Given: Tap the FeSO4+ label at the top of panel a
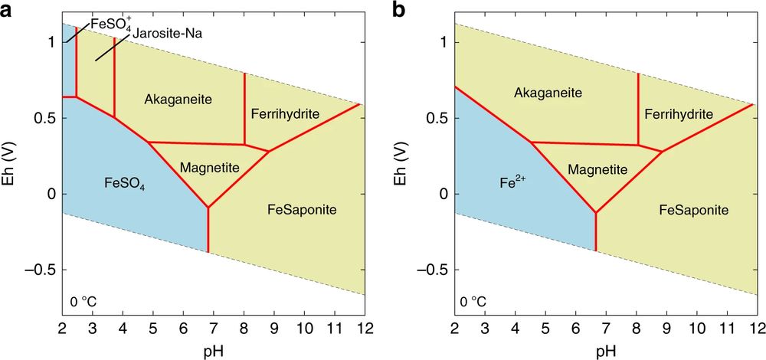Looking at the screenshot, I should tap(110, 24).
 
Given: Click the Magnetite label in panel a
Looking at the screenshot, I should tap(209, 168).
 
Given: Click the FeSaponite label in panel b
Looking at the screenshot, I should tap(692, 209).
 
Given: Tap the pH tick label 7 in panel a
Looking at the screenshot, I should tap(213, 330).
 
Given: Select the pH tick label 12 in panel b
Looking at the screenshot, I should tap(756, 330).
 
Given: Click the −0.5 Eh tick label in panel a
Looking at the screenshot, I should tap(41, 270).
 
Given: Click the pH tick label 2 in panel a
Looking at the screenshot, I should tap(62, 330).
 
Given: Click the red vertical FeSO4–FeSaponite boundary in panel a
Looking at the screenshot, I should tap(208, 230).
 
